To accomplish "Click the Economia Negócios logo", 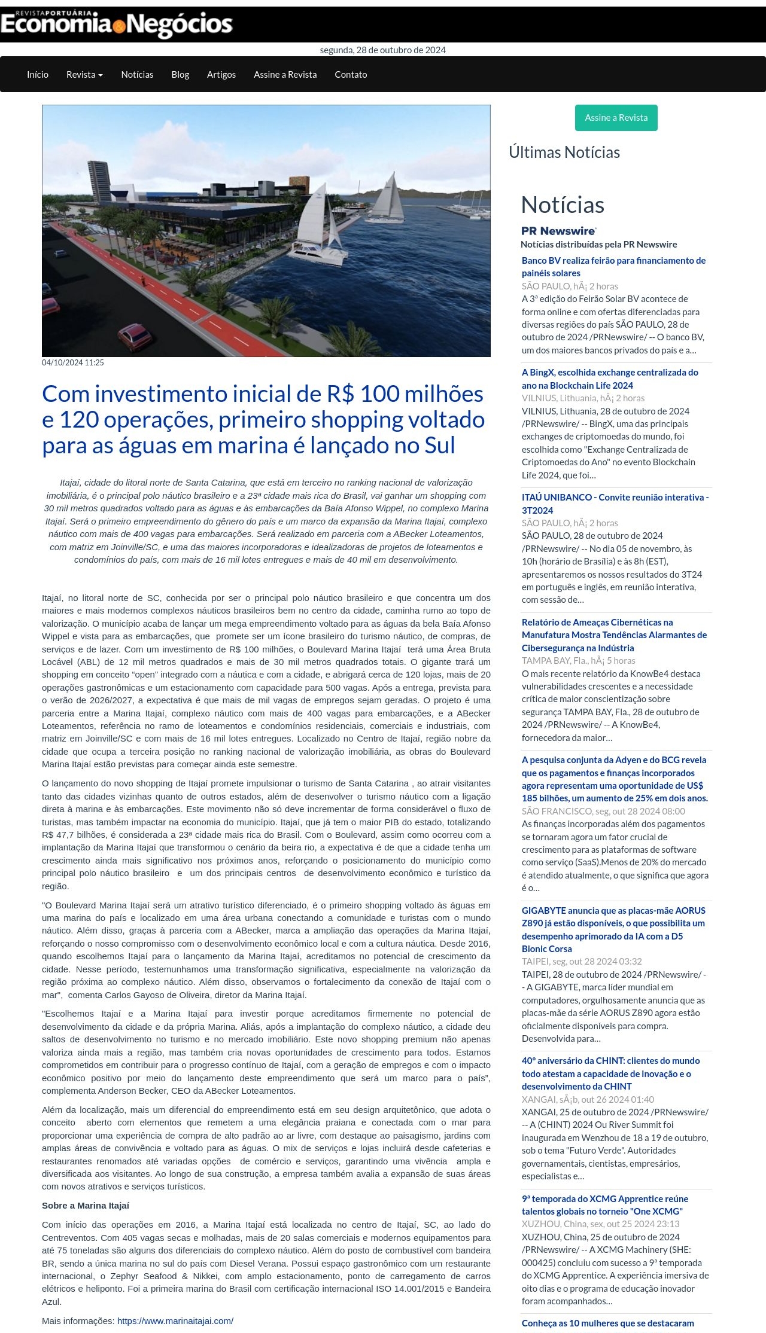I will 116,24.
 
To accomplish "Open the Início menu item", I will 38,75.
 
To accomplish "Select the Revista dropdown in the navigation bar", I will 84,75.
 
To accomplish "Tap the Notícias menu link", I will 137,75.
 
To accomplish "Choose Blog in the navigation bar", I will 180,75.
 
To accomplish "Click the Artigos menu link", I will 221,75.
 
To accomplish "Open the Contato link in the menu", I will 351,75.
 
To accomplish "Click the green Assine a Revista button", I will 616,118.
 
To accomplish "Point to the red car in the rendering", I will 135,337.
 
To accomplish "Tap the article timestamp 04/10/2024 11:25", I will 73,362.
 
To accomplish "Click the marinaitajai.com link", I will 175,1320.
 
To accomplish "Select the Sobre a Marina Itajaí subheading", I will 86,1206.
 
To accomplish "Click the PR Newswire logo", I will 558,231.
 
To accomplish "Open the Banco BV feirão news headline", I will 613,267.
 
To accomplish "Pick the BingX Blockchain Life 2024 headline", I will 610,379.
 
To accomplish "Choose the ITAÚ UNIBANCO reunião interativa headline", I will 615,504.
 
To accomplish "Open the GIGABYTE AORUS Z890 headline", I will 613,929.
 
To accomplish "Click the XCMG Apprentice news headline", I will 604,1205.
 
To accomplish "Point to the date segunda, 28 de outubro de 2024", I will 383,50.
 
